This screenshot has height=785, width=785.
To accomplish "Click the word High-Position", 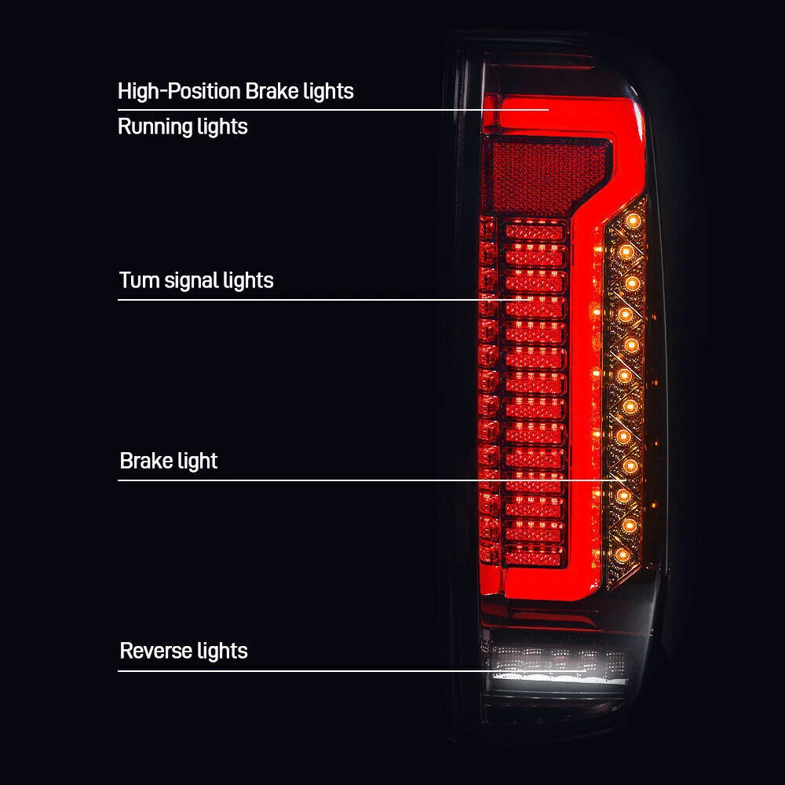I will [179, 91].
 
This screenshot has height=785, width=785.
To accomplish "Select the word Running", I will [150, 126].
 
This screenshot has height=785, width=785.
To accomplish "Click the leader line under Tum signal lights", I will [298, 299].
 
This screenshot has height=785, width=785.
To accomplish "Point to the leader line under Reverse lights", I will [298, 670].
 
